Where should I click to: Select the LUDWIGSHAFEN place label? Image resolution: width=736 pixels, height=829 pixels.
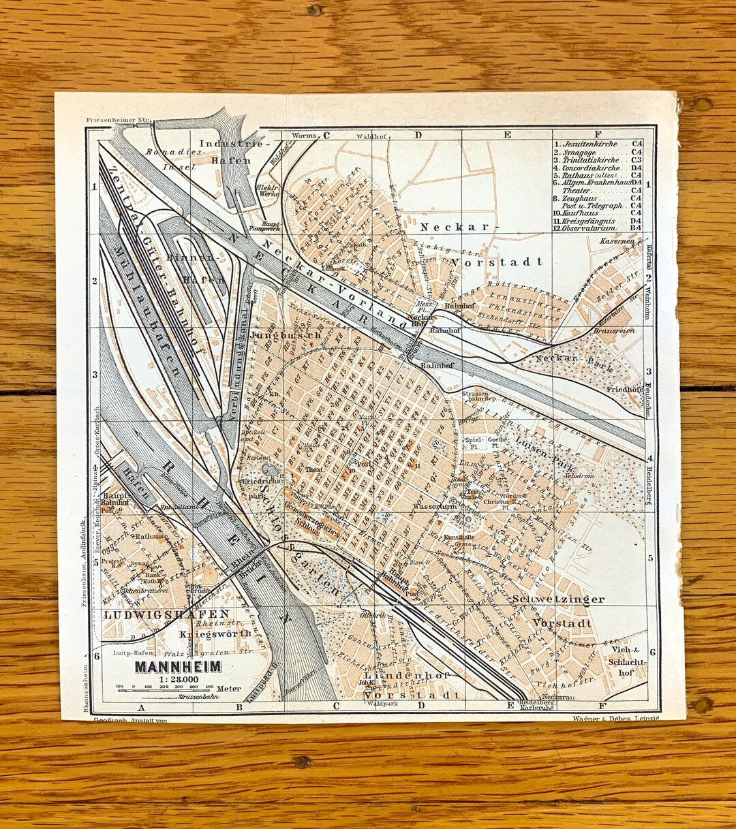tap(157, 614)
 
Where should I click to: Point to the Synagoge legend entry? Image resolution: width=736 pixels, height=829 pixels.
tap(585, 152)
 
